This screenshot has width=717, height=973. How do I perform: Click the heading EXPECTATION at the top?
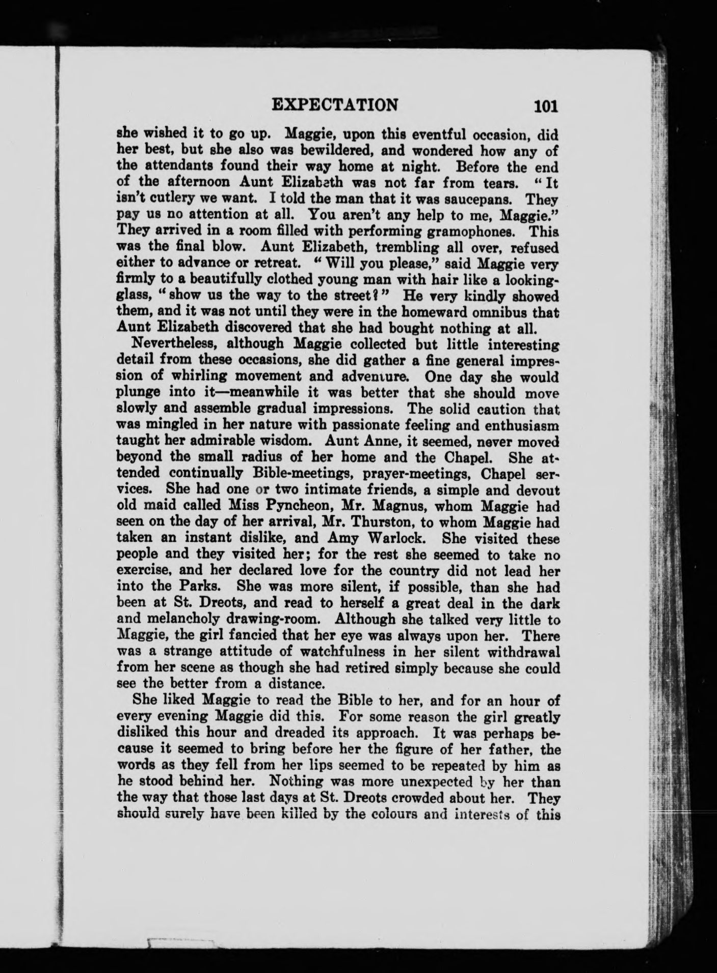pyautogui.click(x=335, y=104)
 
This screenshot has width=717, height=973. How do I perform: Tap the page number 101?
pyautogui.click(x=545, y=106)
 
